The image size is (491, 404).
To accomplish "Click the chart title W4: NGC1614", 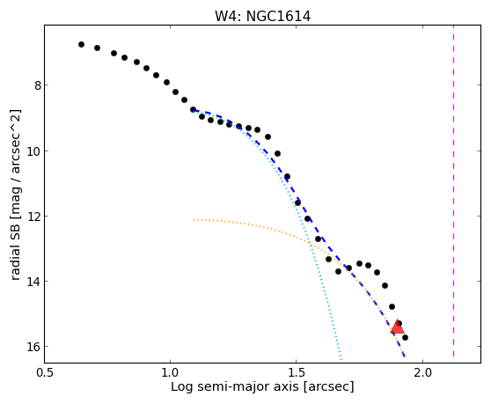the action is [262, 17].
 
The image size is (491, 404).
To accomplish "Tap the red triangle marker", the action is [398, 327].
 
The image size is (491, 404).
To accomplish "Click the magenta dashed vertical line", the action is [453, 191].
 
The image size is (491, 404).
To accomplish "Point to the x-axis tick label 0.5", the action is [46, 372].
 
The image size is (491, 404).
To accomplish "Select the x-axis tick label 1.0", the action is [170, 372].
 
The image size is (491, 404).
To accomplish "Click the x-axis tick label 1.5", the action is [297, 372].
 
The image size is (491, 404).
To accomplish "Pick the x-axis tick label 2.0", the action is [422, 372].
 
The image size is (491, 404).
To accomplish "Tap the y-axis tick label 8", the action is [38, 85].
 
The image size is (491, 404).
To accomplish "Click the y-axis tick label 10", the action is [33, 151].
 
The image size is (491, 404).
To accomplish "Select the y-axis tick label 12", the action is [33, 217].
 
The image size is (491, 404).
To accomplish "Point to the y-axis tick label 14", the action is [33, 282].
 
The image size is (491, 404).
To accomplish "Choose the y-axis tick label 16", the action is [33, 347].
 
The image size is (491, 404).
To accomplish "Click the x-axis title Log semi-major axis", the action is [235, 386].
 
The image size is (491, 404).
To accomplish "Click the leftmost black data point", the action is [81, 45].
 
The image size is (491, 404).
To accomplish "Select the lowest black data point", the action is [405, 337].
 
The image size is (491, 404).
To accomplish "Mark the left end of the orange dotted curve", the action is [194, 219].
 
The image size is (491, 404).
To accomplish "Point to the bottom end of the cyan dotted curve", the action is [341, 359].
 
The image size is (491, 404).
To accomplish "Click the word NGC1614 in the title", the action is [278, 17].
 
